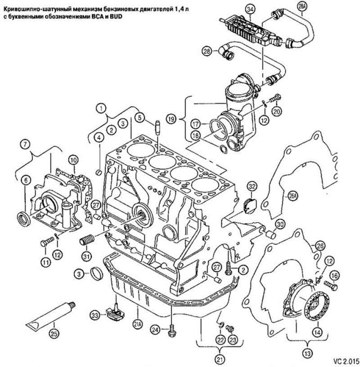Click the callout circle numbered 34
pos(250,9)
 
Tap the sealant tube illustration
pos(50,314)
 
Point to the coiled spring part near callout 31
pos(87,239)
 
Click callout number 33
pos(95,315)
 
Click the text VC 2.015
pos(346,360)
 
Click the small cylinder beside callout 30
pos(271,234)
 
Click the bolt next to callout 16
pos(330,286)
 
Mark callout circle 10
pos(73,160)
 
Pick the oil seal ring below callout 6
pos(24,219)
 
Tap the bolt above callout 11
pos(47,242)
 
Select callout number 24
pos(155,330)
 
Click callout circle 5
pos(139,118)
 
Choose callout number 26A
pos(292,196)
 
